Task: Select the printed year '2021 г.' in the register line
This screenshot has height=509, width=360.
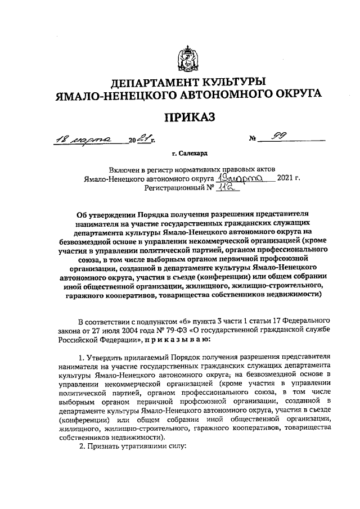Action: click(x=289, y=179)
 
